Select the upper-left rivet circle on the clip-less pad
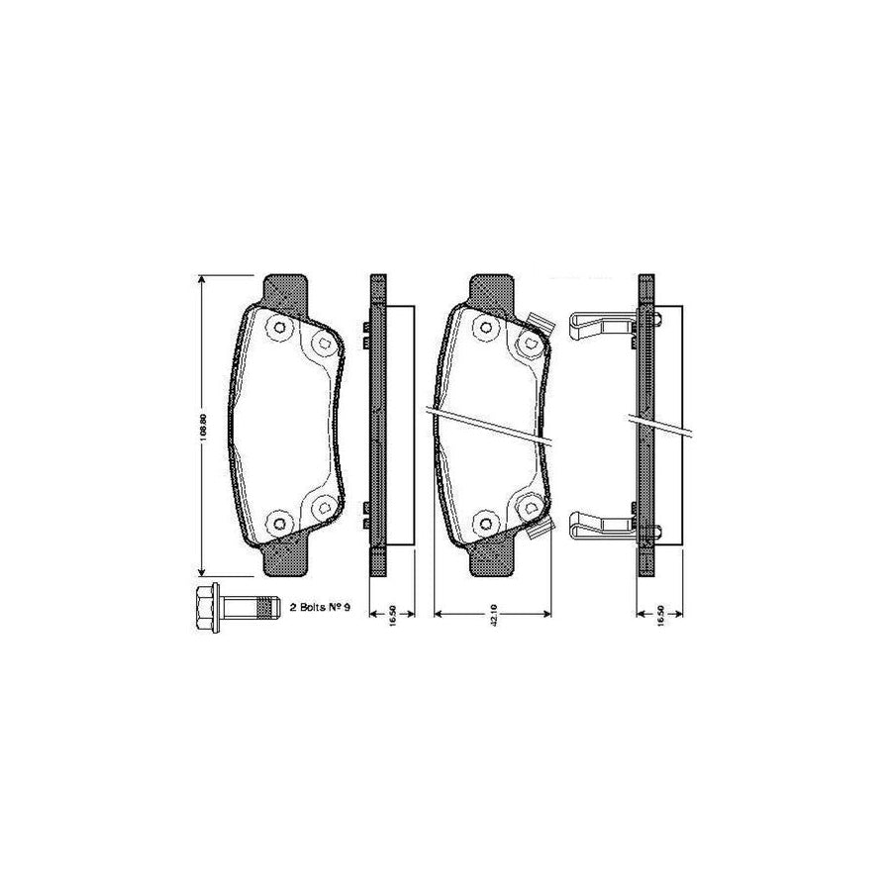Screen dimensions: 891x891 click(x=278, y=327)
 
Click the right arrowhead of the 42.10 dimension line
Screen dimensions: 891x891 click(x=547, y=614)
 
